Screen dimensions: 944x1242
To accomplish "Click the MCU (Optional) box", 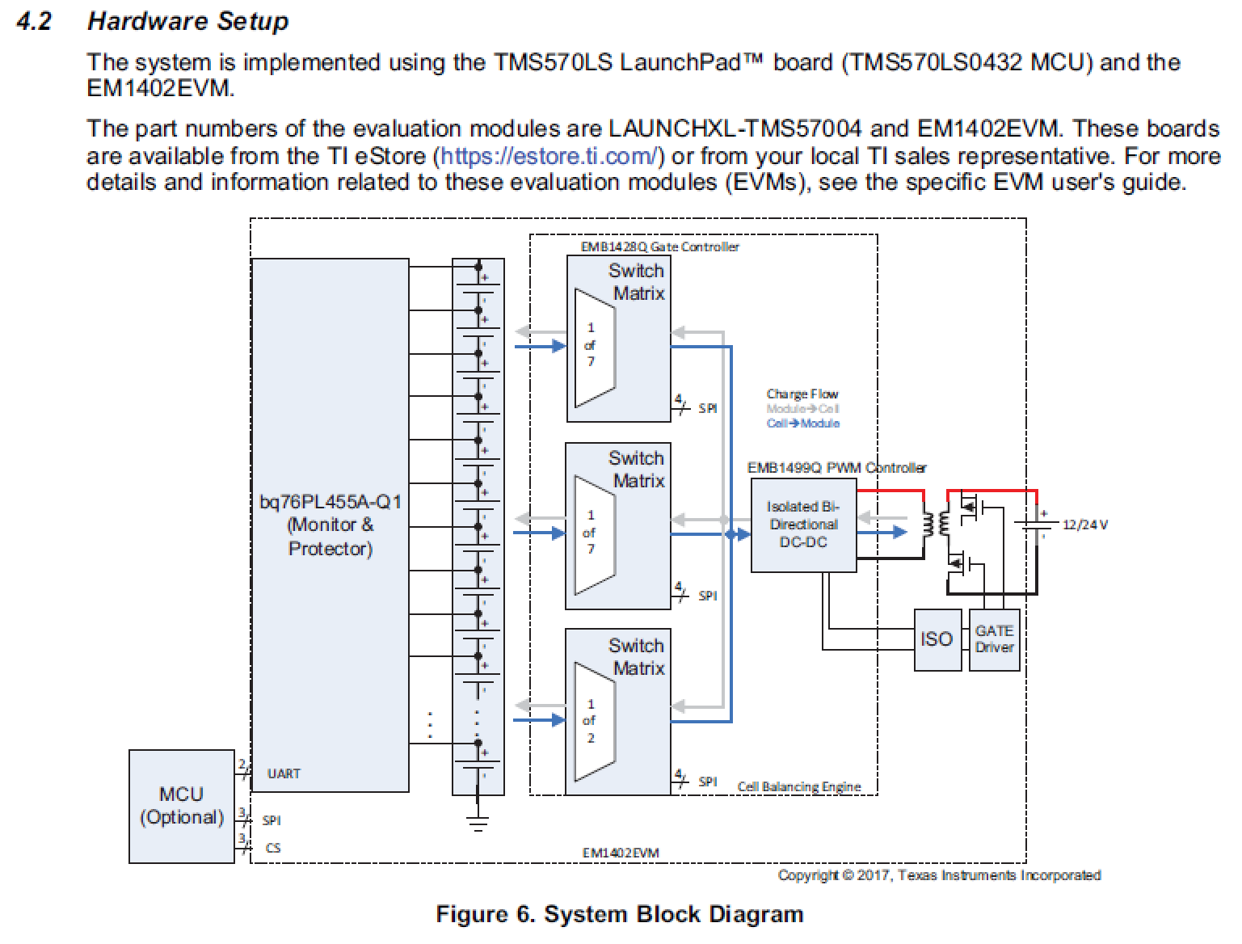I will [x=181, y=806].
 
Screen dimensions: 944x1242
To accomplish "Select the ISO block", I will [x=937, y=639].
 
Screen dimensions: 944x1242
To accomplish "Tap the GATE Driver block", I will [x=994, y=639].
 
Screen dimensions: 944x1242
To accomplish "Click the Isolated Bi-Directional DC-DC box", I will [x=803, y=525].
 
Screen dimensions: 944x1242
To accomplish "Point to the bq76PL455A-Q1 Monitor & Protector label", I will [x=330, y=525].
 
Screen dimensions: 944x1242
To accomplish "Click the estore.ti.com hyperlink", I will [x=549, y=156].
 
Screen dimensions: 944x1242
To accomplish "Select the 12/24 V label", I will [x=1084, y=525].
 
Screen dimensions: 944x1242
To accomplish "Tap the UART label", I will [x=284, y=773].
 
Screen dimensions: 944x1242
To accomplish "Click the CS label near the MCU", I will [x=273, y=848].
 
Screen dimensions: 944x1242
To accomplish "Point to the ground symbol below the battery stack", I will [x=478, y=824].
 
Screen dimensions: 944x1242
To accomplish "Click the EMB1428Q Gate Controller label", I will [x=659, y=247].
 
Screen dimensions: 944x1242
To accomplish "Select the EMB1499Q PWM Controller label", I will [x=836, y=468].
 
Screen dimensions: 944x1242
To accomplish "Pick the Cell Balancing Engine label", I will [x=798, y=786].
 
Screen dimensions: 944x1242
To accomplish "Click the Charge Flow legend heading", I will [x=802, y=394].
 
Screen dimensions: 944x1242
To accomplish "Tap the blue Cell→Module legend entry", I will [x=802, y=424].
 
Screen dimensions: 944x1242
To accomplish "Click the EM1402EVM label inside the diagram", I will [x=621, y=853].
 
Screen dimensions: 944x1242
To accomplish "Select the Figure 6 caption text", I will [x=620, y=914].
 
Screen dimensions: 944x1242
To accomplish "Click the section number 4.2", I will [x=34, y=22].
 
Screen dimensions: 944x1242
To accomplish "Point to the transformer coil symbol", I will [x=937, y=525].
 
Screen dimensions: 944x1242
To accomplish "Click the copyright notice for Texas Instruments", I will [x=939, y=875].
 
